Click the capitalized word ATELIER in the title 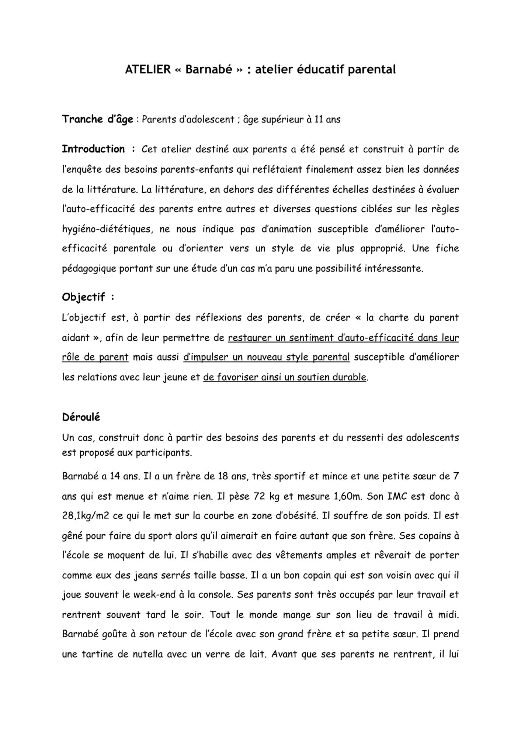[148, 69]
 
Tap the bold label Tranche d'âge [97, 119]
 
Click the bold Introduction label [93, 149]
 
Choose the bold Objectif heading [83, 297]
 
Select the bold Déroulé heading [81, 417]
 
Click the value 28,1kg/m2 [86, 515]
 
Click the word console [217, 595]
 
